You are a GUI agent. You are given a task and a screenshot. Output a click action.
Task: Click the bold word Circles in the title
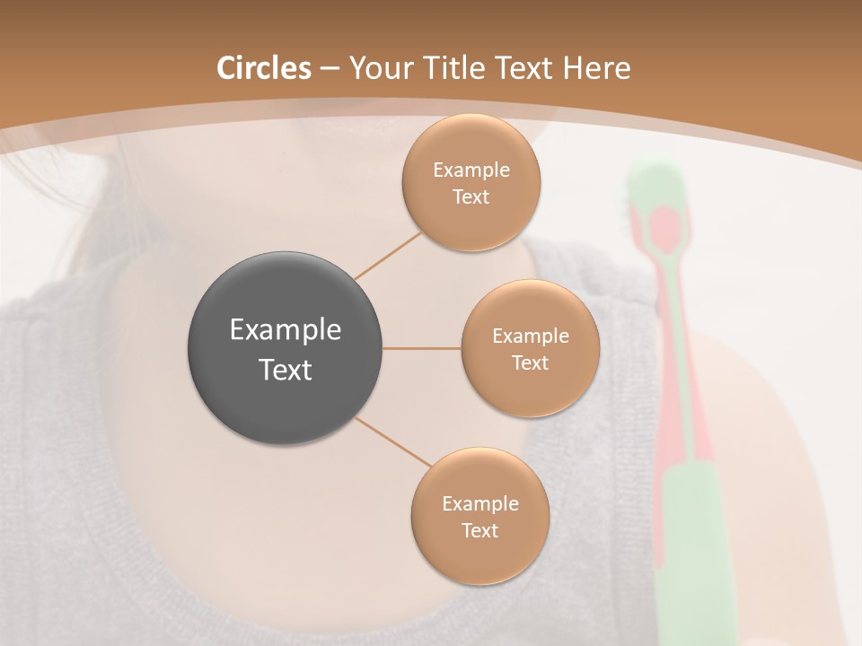tap(264, 68)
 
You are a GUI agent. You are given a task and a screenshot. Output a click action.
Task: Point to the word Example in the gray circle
tap(286, 330)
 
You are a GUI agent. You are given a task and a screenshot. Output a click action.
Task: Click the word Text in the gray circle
tap(286, 370)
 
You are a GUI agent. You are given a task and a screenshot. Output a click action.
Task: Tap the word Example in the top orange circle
tap(471, 170)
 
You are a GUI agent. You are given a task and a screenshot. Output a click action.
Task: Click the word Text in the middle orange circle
tap(530, 363)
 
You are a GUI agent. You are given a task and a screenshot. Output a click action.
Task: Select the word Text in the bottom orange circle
tap(479, 531)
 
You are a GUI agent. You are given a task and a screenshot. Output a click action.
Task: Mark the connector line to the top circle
tap(388, 255)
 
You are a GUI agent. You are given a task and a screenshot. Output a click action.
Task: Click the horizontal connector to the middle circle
tap(422, 348)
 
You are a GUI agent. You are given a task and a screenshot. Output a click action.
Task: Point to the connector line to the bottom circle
tap(392, 441)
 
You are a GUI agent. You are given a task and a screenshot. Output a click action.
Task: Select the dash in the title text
tap(330, 68)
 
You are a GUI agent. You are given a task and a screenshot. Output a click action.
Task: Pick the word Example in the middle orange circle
tap(530, 336)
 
